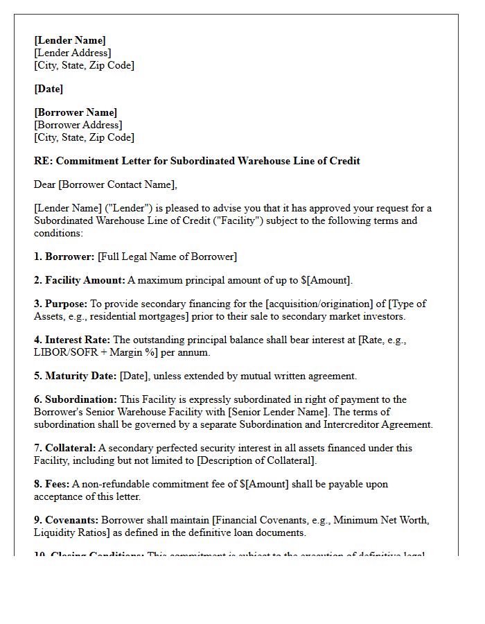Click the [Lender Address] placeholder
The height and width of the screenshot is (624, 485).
pyautogui.click(x=72, y=53)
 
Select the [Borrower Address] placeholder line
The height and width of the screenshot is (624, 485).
pyautogui.click(x=78, y=125)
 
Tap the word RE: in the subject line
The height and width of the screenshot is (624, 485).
pyautogui.click(x=43, y=161)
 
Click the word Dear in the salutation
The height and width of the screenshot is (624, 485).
pyautogui.click(x=46, y=184)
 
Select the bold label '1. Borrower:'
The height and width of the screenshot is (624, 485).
pyautogui.click(x=64, y=257)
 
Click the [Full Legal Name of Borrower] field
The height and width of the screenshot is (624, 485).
pyautogui.click(x=167, y=257)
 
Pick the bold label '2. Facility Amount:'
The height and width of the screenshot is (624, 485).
pyautogui.click(x=79, y=280)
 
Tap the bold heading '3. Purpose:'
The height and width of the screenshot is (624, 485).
pyautogui.click(x=61, y=304)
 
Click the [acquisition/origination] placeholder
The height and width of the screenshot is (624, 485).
pyautogui.click(x=319, y=304)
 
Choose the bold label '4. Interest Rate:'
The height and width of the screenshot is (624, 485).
pyautogui.click(x=72, y=340)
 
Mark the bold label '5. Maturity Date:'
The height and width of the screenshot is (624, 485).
pyautogui.click(x=76, y=376)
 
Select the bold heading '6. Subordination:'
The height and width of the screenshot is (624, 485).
pyautogui.click(x=76, y=399)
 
